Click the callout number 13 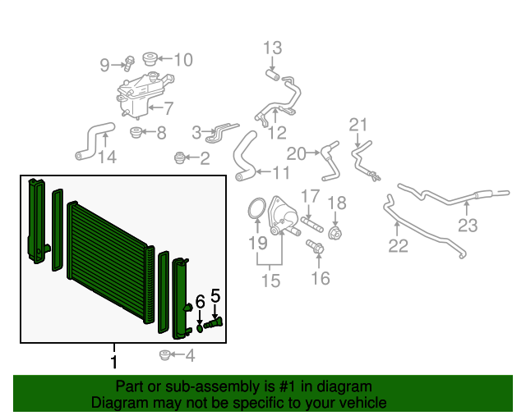[272, 48]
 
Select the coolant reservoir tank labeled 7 [142, 95]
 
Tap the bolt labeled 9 [129, 63]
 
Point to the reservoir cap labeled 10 [150, 58]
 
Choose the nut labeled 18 [335, 232]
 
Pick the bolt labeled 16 [316, 247]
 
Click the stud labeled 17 [312, 225]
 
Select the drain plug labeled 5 [213, 323]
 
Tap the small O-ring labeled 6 [200, 328]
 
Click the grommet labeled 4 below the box [164, 355]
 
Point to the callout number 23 [468, 226]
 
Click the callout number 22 [398, 246]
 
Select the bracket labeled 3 [222, 132]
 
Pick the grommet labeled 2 [180, 157]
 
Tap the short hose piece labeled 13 [273, 75]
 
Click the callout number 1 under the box [114, 362]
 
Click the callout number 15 [270, 281]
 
